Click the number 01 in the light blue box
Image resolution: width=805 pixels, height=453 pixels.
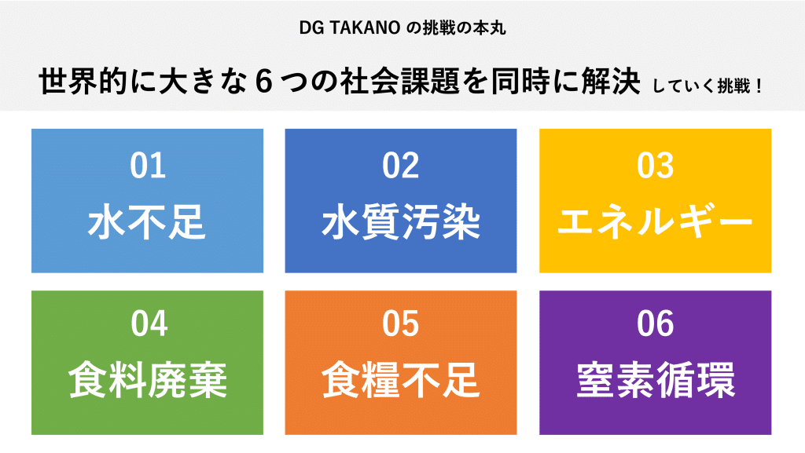click(x=148, y=166)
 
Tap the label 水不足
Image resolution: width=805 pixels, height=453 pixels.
click(x=147, y=222)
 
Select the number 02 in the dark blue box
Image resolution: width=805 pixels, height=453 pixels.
click(x=400, y=166)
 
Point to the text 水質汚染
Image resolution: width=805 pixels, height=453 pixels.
click(x=401, y=222)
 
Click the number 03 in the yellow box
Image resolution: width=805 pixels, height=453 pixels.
click(x=655, y=166)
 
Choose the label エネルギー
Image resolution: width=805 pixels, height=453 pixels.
click(x=655, y=222)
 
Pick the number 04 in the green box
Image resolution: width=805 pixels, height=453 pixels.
click(x=149, y=324)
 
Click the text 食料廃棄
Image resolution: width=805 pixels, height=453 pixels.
click(x=147, y=380)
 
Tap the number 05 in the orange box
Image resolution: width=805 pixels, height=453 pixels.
click(x=400, y=324)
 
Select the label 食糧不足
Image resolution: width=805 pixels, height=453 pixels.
click(x=401, y=380)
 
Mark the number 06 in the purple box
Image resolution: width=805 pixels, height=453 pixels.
click(x=655, y=324)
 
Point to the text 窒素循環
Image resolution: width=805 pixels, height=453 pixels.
click(x=656, y=380)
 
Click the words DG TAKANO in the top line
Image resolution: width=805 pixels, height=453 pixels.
click(x=350, y=28)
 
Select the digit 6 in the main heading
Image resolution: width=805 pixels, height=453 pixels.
click(x=263, y=82)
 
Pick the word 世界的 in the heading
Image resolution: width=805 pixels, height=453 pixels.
click(x=83, y=82)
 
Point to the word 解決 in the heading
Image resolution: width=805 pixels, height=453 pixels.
click(x=611, y=82)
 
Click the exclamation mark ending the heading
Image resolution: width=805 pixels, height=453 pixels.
click(x=759, y=86)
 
